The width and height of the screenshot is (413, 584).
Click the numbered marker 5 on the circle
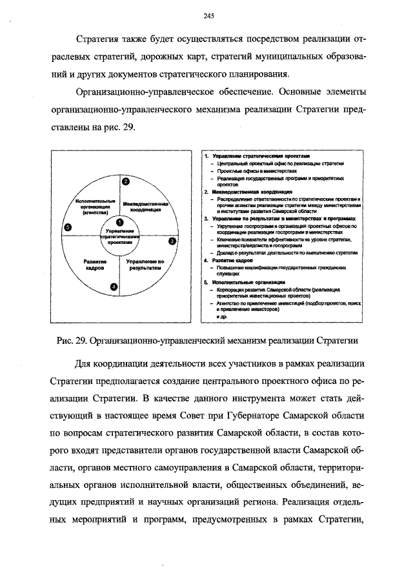pyautogui.click(x=68, y=227)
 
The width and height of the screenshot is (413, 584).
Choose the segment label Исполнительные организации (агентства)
pyautogui.click(x=95, y=206)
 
